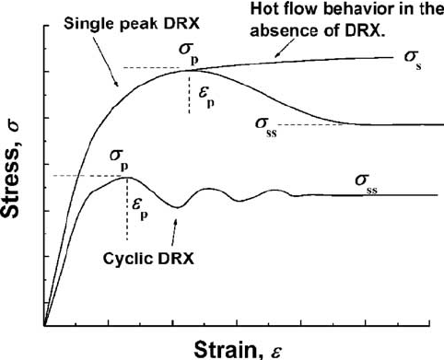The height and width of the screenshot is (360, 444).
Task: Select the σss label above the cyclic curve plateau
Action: pos(368,181)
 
